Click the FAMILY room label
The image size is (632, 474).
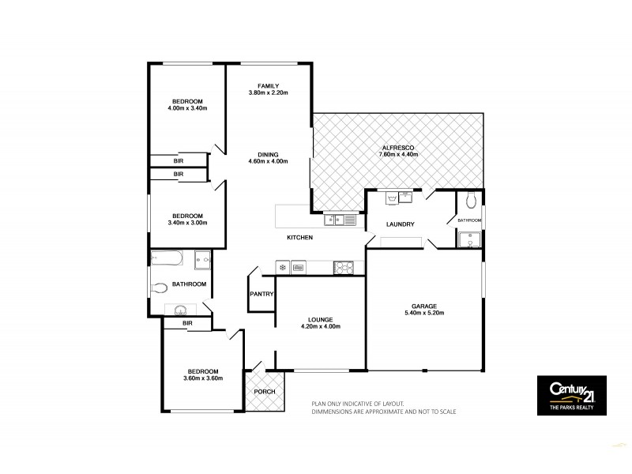(267, 85)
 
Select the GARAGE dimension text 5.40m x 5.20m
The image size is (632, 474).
(424, 313)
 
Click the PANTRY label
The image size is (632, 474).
(261, 294)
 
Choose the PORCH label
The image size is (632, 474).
(263, 393)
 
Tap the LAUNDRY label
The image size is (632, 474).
(400, 224)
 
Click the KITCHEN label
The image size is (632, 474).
(300, 237)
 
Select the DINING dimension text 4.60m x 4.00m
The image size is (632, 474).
(267, 162)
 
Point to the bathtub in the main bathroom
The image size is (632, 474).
(167, 258)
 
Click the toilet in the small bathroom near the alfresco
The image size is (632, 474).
(471, 198)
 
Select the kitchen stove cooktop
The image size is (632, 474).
(345, 267)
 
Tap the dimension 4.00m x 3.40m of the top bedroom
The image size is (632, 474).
(187, 108)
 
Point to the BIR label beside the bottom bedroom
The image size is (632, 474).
(187, 323)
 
